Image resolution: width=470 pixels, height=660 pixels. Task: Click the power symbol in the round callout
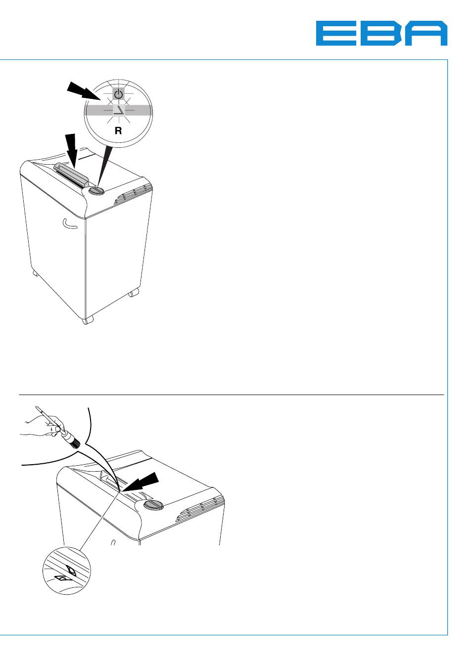pyautogui.click(x=119, y=94)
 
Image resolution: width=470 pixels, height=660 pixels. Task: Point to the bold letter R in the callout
pyautogui.click(x=118, y=130)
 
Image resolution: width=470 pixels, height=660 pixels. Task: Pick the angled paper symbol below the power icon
pyautogui.click(x=119, y=110)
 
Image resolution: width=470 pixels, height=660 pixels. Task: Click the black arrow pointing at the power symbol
pyautogui.click(x=85, y=90)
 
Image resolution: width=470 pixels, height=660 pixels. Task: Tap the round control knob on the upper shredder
pyautogui.click(x=96, y=191)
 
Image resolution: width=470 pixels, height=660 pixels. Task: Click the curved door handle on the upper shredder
pyautogui.click(x=69, y=224)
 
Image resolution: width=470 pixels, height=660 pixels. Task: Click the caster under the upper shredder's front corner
pyautogui.click(x=88, y=320)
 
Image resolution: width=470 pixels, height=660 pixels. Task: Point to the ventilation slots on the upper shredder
pyautogui.click(x=133, y=194)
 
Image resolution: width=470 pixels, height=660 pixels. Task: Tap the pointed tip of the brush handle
pyautogui.click(x=37, y=407)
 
